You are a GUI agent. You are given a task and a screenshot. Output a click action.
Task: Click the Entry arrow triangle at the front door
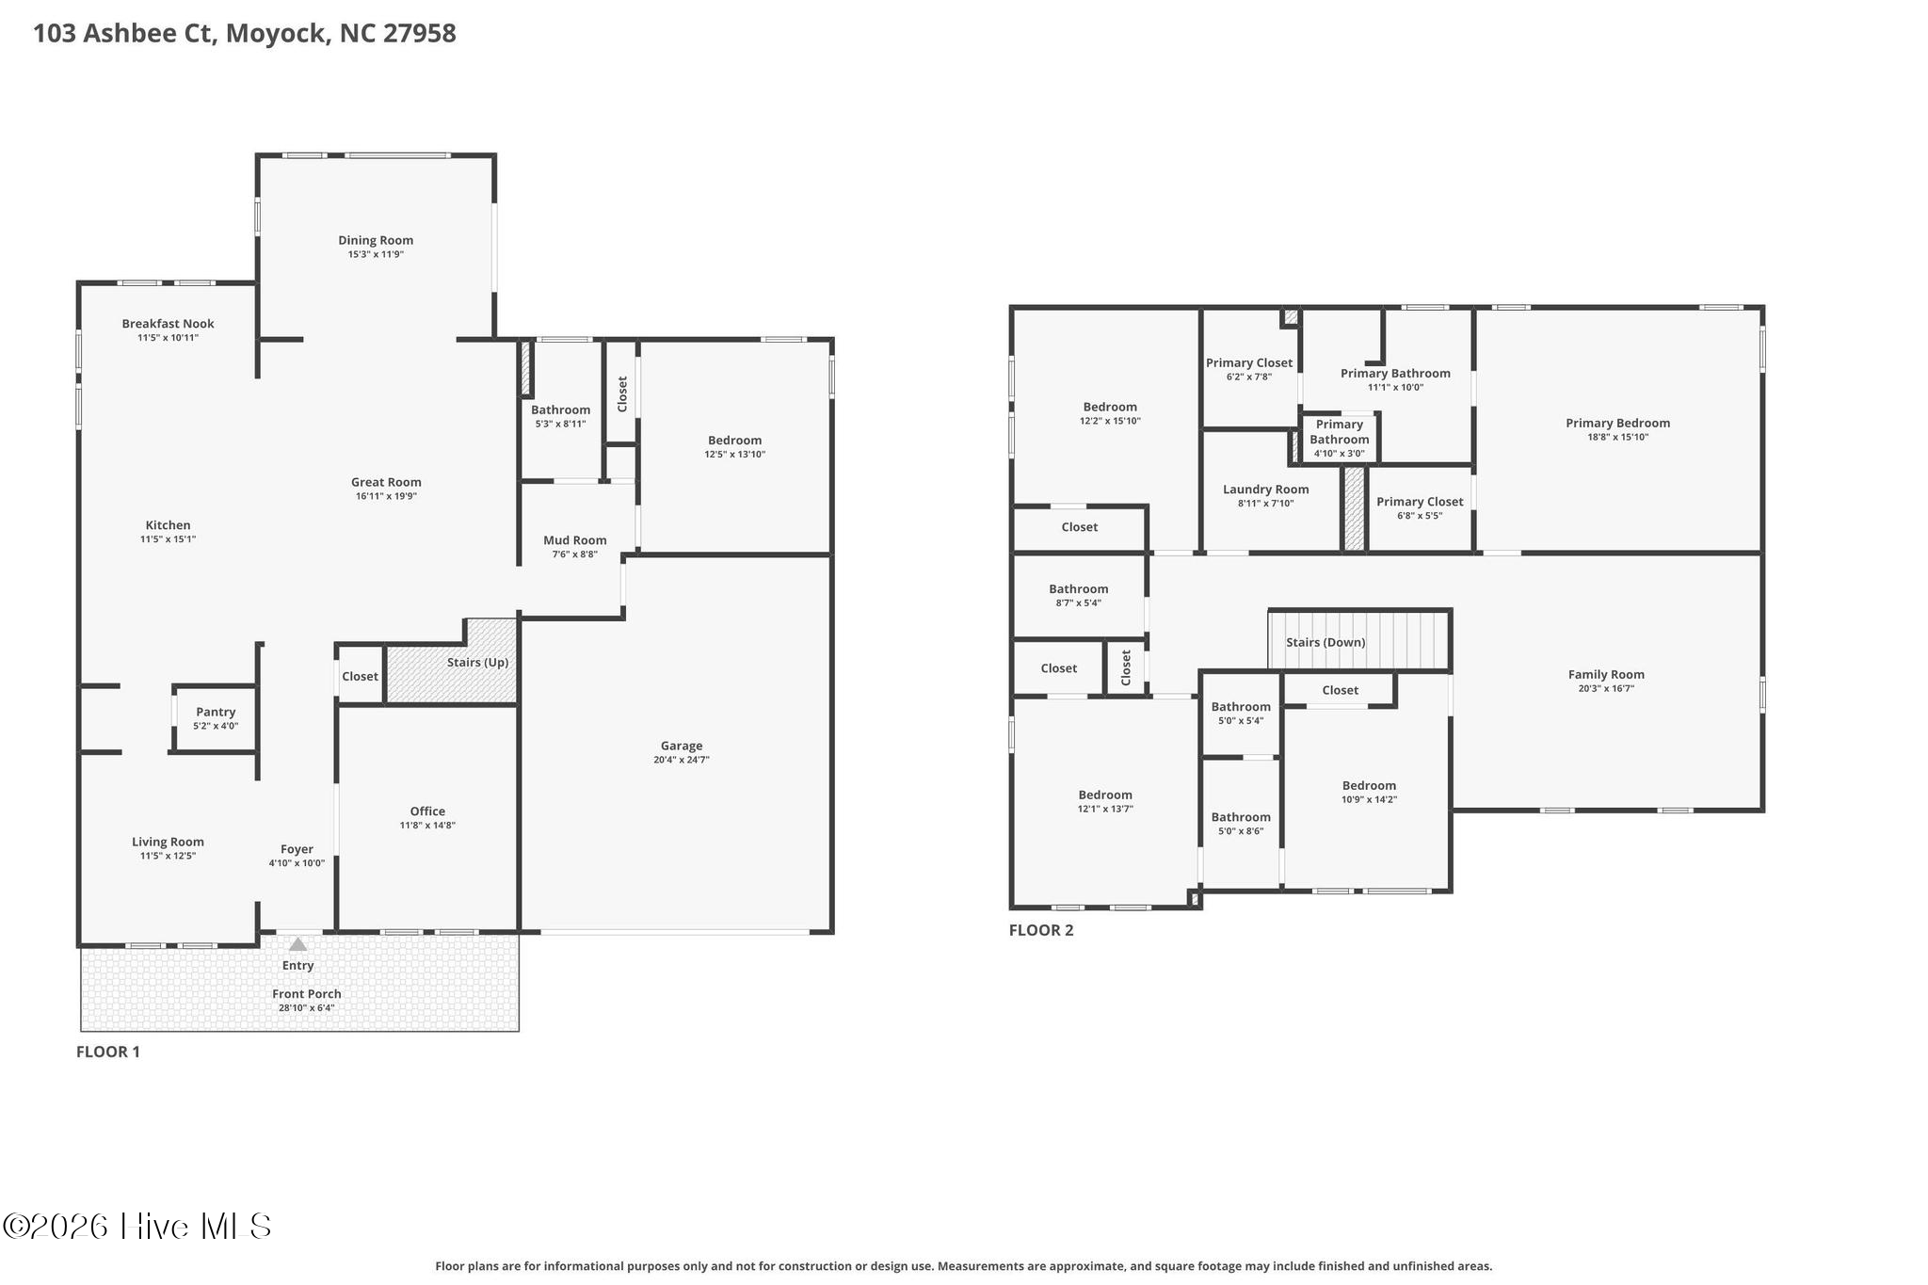297,944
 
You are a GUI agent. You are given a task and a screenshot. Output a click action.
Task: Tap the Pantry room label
216,713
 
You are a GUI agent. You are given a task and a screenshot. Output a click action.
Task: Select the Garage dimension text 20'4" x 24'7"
681,760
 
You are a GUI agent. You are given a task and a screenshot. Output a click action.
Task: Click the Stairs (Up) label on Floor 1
477,662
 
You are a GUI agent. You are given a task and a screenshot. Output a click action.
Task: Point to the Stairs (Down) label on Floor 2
1325,642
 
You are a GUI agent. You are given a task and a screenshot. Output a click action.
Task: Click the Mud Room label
574,540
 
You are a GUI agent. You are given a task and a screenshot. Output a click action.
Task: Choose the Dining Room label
376,240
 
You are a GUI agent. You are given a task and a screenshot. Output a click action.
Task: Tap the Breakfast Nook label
168,324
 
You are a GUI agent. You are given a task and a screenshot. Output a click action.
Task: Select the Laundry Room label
1265,490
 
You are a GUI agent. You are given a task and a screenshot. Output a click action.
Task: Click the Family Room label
1606,674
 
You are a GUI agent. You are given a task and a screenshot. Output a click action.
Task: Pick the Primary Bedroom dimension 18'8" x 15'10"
1617,437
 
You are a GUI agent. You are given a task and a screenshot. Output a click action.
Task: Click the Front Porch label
306,994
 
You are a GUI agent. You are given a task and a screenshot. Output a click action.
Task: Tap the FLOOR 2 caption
1040,930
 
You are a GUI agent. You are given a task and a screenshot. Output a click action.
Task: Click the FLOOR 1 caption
108,1052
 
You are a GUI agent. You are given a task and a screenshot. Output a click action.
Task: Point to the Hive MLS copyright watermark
137,1226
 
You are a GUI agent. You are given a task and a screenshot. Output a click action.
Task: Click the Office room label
427,811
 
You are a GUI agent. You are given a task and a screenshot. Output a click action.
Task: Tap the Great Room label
386,482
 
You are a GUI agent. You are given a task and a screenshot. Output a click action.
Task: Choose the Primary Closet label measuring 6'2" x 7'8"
1248,363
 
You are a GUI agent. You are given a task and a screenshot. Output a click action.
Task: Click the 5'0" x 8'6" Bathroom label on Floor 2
1240,817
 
